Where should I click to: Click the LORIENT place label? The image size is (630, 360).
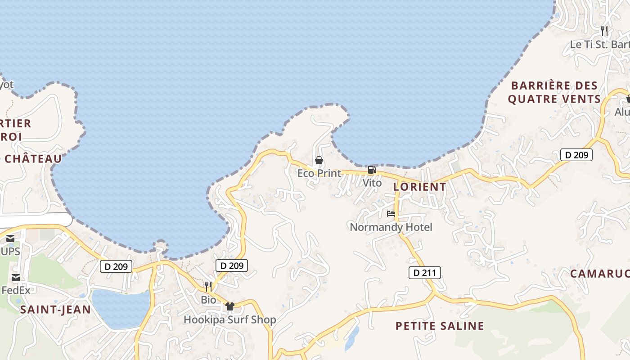tap(419, 186)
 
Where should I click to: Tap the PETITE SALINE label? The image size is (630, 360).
tap(440, 326)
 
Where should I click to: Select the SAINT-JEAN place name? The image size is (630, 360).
tap(55, 310)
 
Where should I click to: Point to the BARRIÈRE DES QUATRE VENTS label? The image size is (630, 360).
tap(554, 92)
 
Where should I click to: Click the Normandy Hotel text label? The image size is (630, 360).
tap(391, 227)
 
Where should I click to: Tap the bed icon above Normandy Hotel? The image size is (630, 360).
tap(391, 214)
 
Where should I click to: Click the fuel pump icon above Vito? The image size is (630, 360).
tap(372, 170)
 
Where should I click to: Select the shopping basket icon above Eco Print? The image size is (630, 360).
tap(319, 160)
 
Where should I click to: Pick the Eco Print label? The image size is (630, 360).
tap(319, 173)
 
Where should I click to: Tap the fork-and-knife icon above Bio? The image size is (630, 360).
tap(208, 286)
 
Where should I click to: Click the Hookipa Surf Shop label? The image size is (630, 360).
tap(229, 320)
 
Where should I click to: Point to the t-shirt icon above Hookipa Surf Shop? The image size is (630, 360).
tap(230, 306)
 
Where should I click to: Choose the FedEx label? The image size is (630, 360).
tap(16, 290)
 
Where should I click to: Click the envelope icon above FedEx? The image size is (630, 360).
tap(16, 277)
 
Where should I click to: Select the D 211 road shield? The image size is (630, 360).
tap(424, 273)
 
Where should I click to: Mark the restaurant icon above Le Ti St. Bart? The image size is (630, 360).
tap(604, 31)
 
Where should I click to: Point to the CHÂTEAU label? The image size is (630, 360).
tap(33, 159)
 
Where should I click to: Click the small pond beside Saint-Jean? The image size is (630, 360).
tap(121, 308)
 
